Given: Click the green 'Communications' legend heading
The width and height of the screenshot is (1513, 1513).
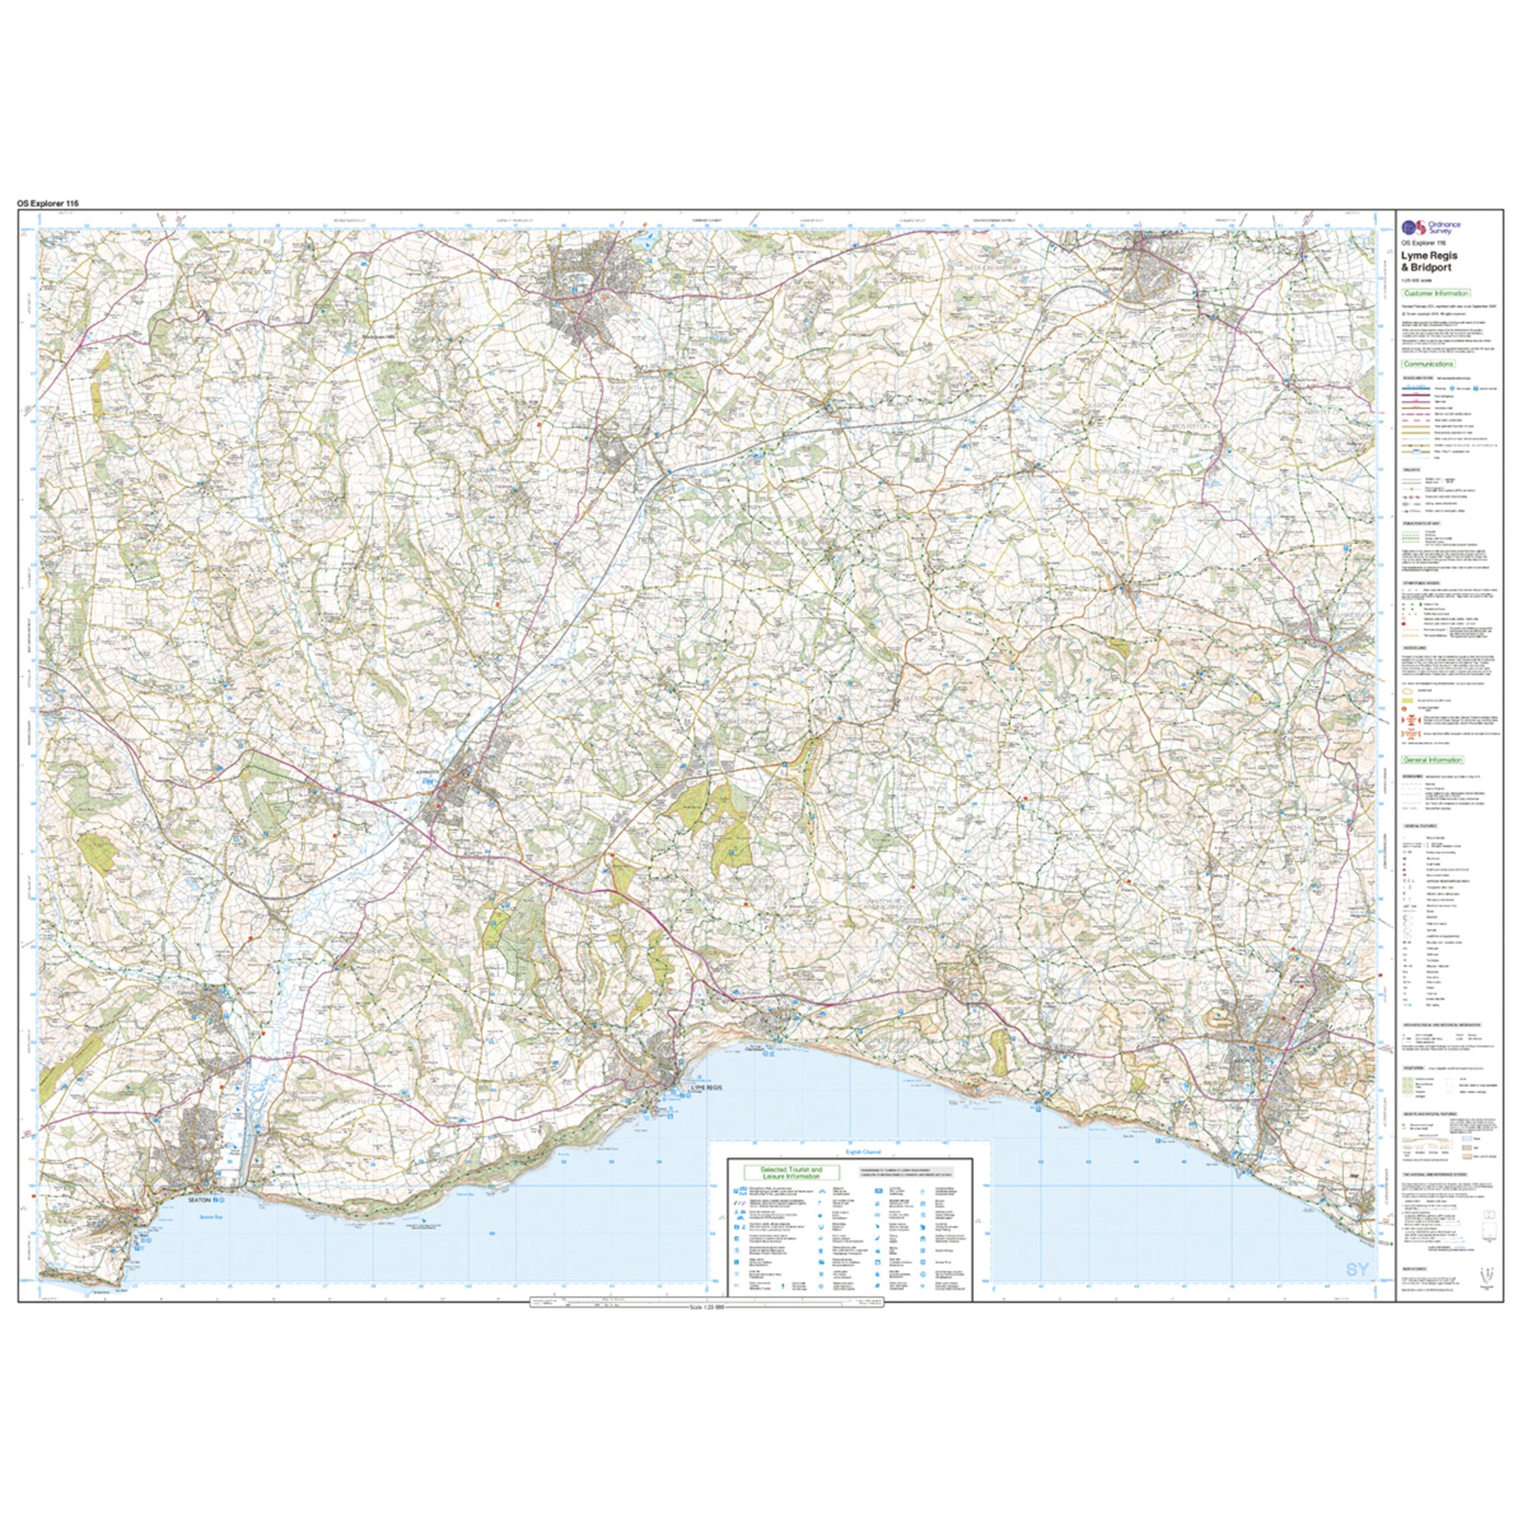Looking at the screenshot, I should (1428, 364).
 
